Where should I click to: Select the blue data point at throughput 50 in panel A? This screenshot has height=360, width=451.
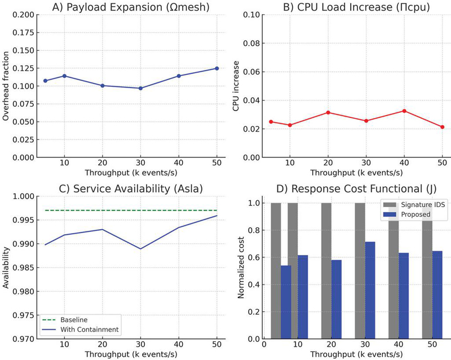(216, 68)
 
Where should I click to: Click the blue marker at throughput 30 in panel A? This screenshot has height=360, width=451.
(140, 88)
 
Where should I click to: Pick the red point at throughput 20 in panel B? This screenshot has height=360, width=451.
(328, 112)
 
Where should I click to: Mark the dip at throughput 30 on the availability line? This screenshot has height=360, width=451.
(140, 248)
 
